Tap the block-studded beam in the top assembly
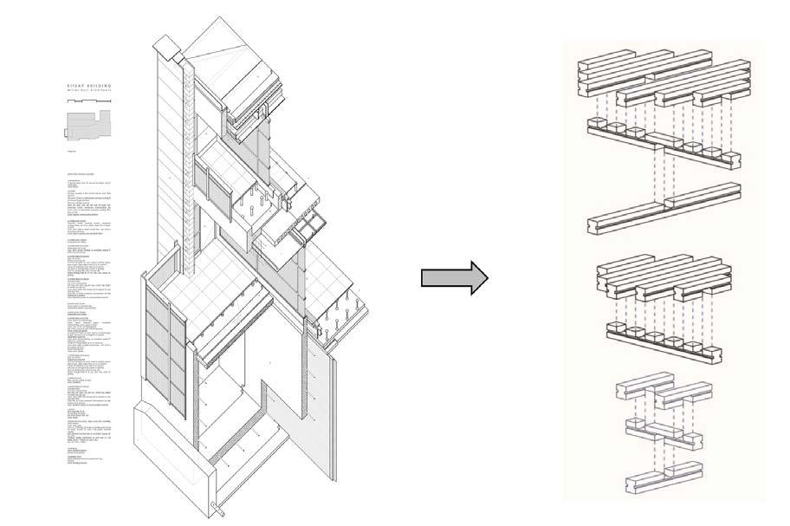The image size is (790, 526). tap(663, 143)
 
